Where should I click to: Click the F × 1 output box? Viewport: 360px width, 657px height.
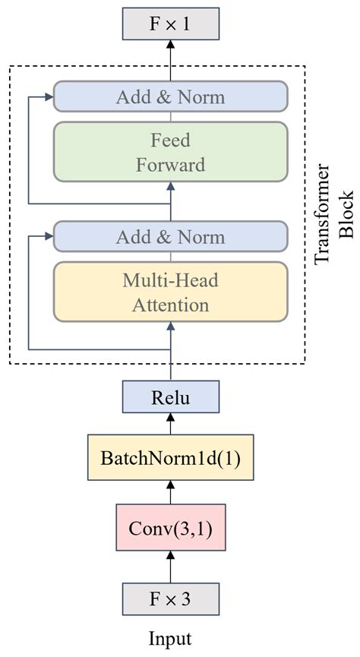[171, 24]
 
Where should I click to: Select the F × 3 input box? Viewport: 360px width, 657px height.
[171, 599]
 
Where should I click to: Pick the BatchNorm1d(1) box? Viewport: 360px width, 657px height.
[171, 457]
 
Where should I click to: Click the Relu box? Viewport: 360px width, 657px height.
[171, 396]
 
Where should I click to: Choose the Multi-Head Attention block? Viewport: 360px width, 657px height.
[171, 292]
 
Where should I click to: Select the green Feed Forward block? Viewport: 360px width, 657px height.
[171, 152]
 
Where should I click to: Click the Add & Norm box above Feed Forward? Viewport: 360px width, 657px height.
[171, 96]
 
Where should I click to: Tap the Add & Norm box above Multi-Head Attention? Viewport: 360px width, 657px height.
[171, 237]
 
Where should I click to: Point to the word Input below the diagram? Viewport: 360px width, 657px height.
[171, 639]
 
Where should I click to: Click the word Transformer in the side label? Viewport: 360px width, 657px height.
[322, 214]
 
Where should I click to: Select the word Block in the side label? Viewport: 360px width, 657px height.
[346, 214]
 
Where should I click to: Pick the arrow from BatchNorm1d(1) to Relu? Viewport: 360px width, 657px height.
[171, 424]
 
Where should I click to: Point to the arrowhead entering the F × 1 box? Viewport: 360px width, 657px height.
[171, 44]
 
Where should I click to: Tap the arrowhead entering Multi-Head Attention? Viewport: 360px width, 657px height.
[171, 327]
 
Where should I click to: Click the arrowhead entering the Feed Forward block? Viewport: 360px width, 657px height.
[171, 186]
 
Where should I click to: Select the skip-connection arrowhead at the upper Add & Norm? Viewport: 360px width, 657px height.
[49, 96]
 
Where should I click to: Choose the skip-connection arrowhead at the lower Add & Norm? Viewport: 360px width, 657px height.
[49, 237]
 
